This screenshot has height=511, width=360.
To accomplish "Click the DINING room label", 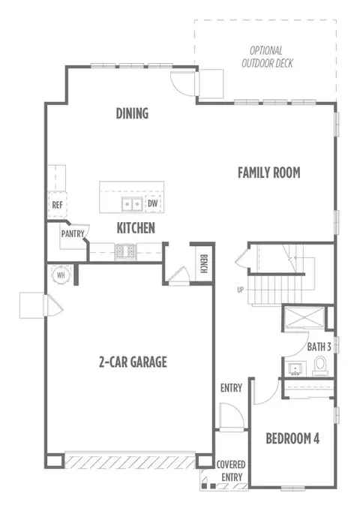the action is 132,113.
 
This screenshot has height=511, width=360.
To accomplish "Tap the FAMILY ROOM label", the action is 268,173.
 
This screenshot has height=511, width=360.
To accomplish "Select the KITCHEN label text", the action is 136,228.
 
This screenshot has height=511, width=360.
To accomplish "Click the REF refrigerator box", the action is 58,205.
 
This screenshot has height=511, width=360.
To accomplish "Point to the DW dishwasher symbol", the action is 152,203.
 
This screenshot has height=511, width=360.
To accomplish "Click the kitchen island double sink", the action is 132,204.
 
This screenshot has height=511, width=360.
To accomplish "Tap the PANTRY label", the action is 73,233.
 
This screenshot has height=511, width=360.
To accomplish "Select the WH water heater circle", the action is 61,275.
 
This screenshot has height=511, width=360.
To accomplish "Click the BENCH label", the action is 203,263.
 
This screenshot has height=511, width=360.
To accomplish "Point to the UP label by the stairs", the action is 240,290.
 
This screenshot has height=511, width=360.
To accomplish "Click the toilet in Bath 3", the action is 320,365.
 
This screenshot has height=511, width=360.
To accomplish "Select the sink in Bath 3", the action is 295,368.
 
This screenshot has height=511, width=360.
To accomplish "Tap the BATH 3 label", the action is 319,347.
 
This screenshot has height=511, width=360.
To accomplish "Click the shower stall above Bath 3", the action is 304,317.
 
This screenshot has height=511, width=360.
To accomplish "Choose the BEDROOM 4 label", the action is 292,439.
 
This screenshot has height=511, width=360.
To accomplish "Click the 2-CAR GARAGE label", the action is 133,362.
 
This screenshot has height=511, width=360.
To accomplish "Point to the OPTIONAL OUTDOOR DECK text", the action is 267,57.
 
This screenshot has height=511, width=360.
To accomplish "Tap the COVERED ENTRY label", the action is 231,471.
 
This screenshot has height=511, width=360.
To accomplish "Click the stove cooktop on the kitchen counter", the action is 125,251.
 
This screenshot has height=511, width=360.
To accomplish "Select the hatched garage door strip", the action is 130,462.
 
